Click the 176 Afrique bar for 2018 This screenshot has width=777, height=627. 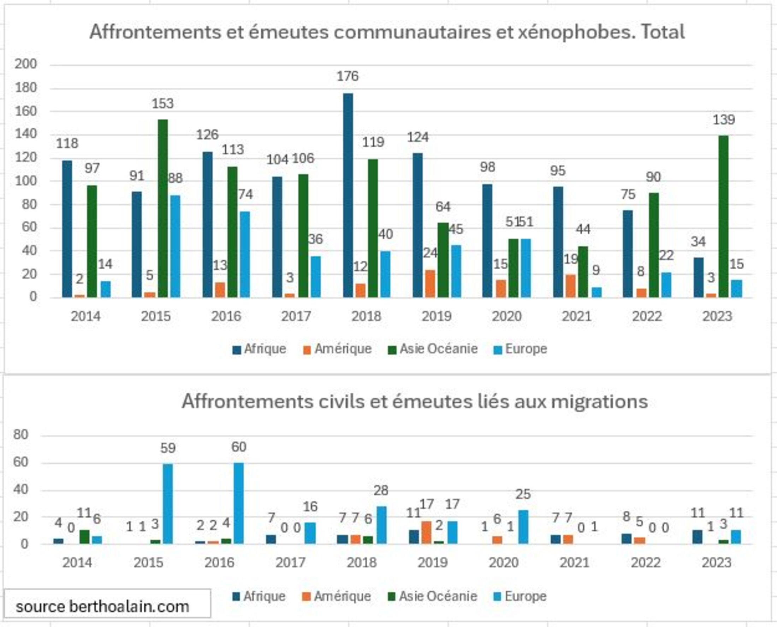pos(348,195)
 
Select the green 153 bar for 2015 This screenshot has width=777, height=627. pos(163,209)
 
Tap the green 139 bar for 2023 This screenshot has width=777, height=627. pos(723,216)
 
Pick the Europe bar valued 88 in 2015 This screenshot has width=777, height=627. pos(176,246)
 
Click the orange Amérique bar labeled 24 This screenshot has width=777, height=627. pos(430,283)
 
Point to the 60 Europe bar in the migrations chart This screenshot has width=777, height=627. pos(238,503)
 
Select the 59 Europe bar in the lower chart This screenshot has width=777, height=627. pos(168,504)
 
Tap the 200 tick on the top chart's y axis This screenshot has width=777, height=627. pos(26,64)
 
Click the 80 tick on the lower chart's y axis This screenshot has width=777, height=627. pos(20,434)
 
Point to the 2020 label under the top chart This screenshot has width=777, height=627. pos(507,316)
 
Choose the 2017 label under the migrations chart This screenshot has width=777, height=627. pos(290,563)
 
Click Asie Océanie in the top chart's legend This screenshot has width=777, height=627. pos(438,349)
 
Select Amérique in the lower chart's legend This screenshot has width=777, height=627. pos(342,596)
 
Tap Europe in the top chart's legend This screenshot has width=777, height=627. pos(526,349)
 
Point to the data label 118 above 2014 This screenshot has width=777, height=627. pos(67,143)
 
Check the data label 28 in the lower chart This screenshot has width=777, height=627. pos(381,491)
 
